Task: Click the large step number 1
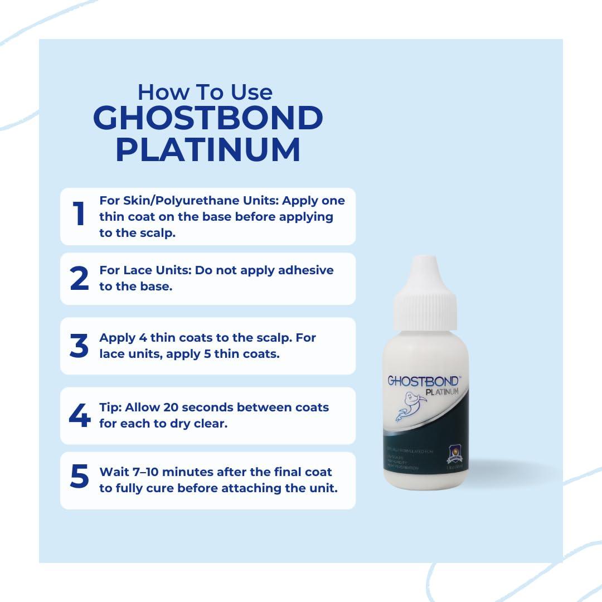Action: (79, 214)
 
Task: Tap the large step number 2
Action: (79, 279)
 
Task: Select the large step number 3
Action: (79, 346)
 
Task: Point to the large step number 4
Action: (79, 416)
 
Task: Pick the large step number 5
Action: (79, 477)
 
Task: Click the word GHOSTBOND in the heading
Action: (208, 118)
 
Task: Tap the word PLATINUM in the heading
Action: (208, 150)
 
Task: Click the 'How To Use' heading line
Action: (205, 91)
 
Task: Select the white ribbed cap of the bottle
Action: (425, 305)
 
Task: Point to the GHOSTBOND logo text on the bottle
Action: (423, 381)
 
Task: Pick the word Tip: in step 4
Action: (110, 407)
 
